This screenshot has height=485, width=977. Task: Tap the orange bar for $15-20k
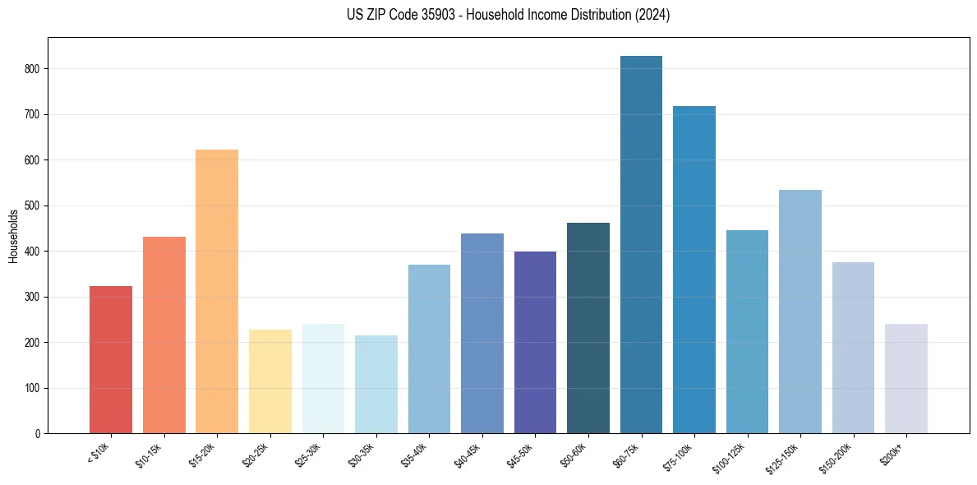(217, 291)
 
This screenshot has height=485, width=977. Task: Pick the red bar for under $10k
(111, 359)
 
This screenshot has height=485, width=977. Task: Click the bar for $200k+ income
(906, 378)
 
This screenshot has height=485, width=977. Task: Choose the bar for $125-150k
(800, 312)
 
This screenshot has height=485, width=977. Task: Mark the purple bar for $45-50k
(535, 342)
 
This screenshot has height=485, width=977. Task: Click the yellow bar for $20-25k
(270, 381)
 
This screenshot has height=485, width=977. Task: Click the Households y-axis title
(13, 235)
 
